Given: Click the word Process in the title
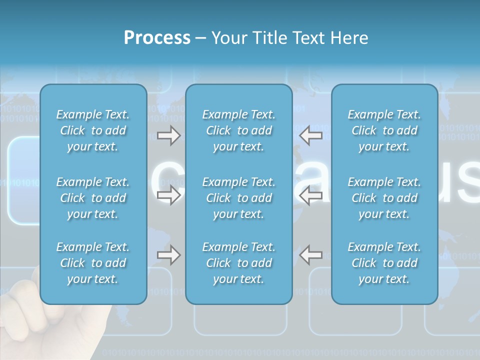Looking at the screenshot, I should pyautogui.click(x=157, y=38).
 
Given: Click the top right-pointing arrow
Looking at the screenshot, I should pyautogui.click(x=168, y=135).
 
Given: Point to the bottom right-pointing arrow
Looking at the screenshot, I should pyautogui.click(x=168, y=255).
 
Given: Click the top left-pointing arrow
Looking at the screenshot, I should pyautogui.click(x=310, y=135).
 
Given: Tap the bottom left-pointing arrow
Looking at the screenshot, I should pyautogui.click(x=310, y=255).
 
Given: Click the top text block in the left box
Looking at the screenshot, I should pyautogui.click(x=93, y=130).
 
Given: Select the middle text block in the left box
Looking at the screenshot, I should pyautogui.click(x=93, y=198).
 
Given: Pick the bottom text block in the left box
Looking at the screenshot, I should pyautogui.click(x=93, y=263).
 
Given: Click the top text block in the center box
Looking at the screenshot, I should pyautogui.click(x=238, y=130).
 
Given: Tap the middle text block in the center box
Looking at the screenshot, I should pyautogui.click(x=238, y=198).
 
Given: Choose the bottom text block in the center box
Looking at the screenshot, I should pyautogui.click(x=238, y=263).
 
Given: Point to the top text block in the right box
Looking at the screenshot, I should pyautogui.click(x=384, y=130).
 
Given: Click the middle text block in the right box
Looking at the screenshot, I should pyautogui.click(x=384, y=198).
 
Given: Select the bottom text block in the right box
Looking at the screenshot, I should pyautogui.click(x=384, y=263).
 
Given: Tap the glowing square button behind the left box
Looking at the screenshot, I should pyautogui.click(x=23, y=180).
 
